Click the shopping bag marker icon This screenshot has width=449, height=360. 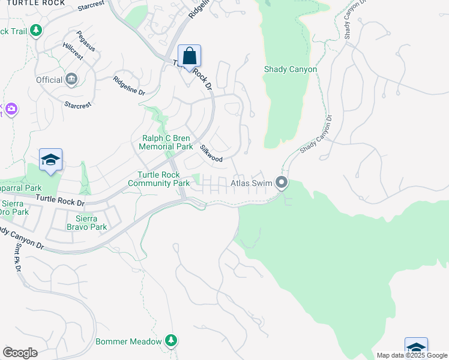click(x=189, y=56)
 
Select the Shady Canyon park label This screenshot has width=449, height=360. click(x=291, y=69)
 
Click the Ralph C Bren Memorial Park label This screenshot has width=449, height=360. click(x=166, y=142)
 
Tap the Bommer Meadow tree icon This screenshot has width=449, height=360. click(x=171, y=341)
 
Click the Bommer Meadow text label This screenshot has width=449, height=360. click(x=129, y=341)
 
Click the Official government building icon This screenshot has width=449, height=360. click(x=72, y=80)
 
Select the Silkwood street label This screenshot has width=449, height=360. click(x=211, y=154)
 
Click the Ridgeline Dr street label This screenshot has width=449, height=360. click(x=130, y=85)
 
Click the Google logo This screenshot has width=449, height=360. click(x=20, y=352)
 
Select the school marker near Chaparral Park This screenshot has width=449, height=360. click(x=51, y=160)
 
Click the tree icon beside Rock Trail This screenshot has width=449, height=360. click(x=36, y=30)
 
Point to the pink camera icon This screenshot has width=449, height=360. click(x=11, y=109)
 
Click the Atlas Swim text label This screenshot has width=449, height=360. click(x=252, y=182)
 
